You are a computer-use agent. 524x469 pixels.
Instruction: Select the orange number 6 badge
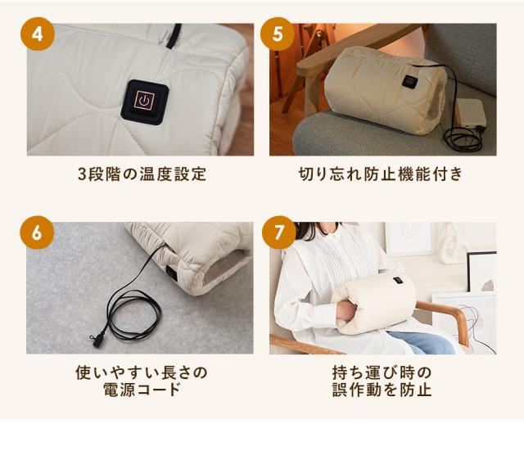37,232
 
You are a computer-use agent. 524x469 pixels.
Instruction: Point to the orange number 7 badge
278,232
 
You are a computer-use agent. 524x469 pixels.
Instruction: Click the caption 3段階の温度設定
142,174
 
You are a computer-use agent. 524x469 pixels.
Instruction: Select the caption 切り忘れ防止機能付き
381,174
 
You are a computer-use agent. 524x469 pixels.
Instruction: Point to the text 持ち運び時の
381,372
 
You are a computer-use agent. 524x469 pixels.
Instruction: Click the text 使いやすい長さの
142,372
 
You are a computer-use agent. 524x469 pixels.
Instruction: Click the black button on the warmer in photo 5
407,80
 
